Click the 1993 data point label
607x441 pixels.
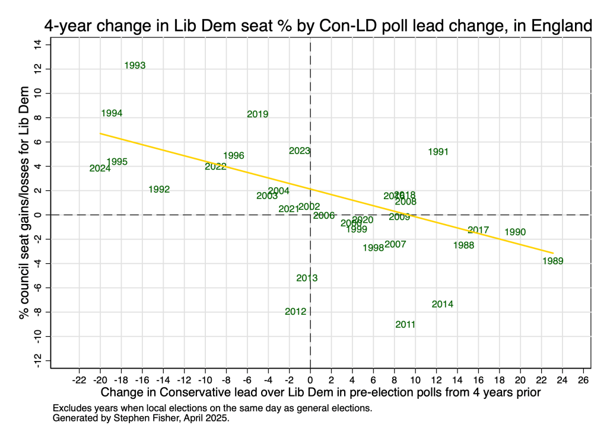(135, 66)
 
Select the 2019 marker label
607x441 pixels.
(258, 114)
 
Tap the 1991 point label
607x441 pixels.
(438, 152)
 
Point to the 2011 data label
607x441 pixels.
(405, 325)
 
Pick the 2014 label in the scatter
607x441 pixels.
(443, 305)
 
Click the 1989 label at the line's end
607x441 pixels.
(552, 261)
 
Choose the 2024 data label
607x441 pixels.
(100, 168)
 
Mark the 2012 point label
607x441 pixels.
(295, 312)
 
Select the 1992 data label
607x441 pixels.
(159, 190)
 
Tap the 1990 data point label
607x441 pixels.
(515, 232)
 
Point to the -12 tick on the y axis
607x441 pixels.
(37, 361)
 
